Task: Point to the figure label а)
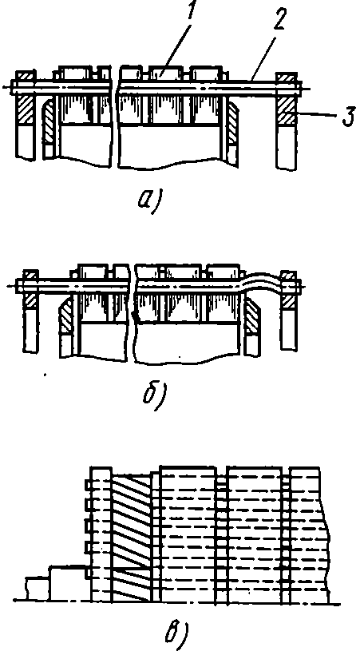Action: pos(152,200)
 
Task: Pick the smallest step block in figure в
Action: pos(37,589)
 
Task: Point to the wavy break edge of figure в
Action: pos(326,535)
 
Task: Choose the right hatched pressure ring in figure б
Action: pos(251,316)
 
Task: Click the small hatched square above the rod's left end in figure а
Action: pos(26,76)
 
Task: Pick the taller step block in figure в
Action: pos(69,583)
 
